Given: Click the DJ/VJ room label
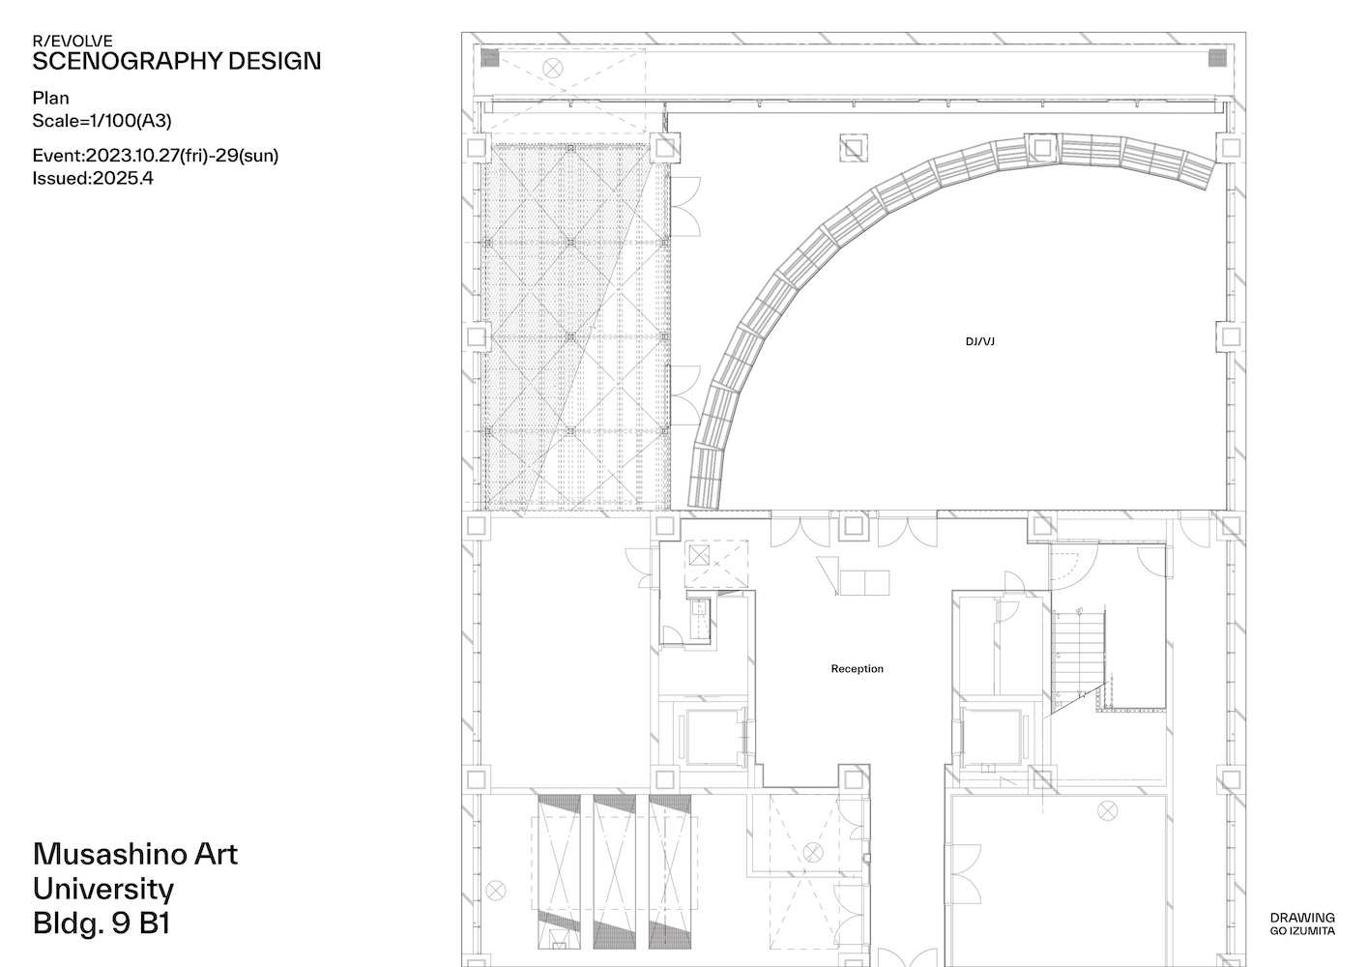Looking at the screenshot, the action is pos(979,342).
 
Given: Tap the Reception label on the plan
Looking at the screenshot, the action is pos(857,669).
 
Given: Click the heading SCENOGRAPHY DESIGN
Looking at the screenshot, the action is pos(176,62).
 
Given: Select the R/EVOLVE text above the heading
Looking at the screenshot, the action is pos(73,41).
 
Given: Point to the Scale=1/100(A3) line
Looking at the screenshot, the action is pos(102,121).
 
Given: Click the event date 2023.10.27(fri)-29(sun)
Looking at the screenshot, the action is pos(182,156).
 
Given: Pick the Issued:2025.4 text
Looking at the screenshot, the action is pos(93,178).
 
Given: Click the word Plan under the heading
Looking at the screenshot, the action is pos(50,99).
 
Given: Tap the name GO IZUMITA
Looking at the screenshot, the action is pos(1302,931).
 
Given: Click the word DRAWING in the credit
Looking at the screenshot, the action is pos(1302,918).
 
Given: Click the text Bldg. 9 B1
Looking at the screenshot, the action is pos(102,923).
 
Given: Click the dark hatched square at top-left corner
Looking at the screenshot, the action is pos(490,58).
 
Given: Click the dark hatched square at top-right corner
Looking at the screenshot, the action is pos(1217,58).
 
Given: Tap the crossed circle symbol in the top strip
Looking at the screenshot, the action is pos(553,68).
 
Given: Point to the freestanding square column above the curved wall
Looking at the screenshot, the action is pos(853,148).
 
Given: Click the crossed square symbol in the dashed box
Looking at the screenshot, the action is pos(699,555).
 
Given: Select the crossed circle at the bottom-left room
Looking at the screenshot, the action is pos(496,892).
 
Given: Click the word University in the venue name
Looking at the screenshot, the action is pos(103,890).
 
